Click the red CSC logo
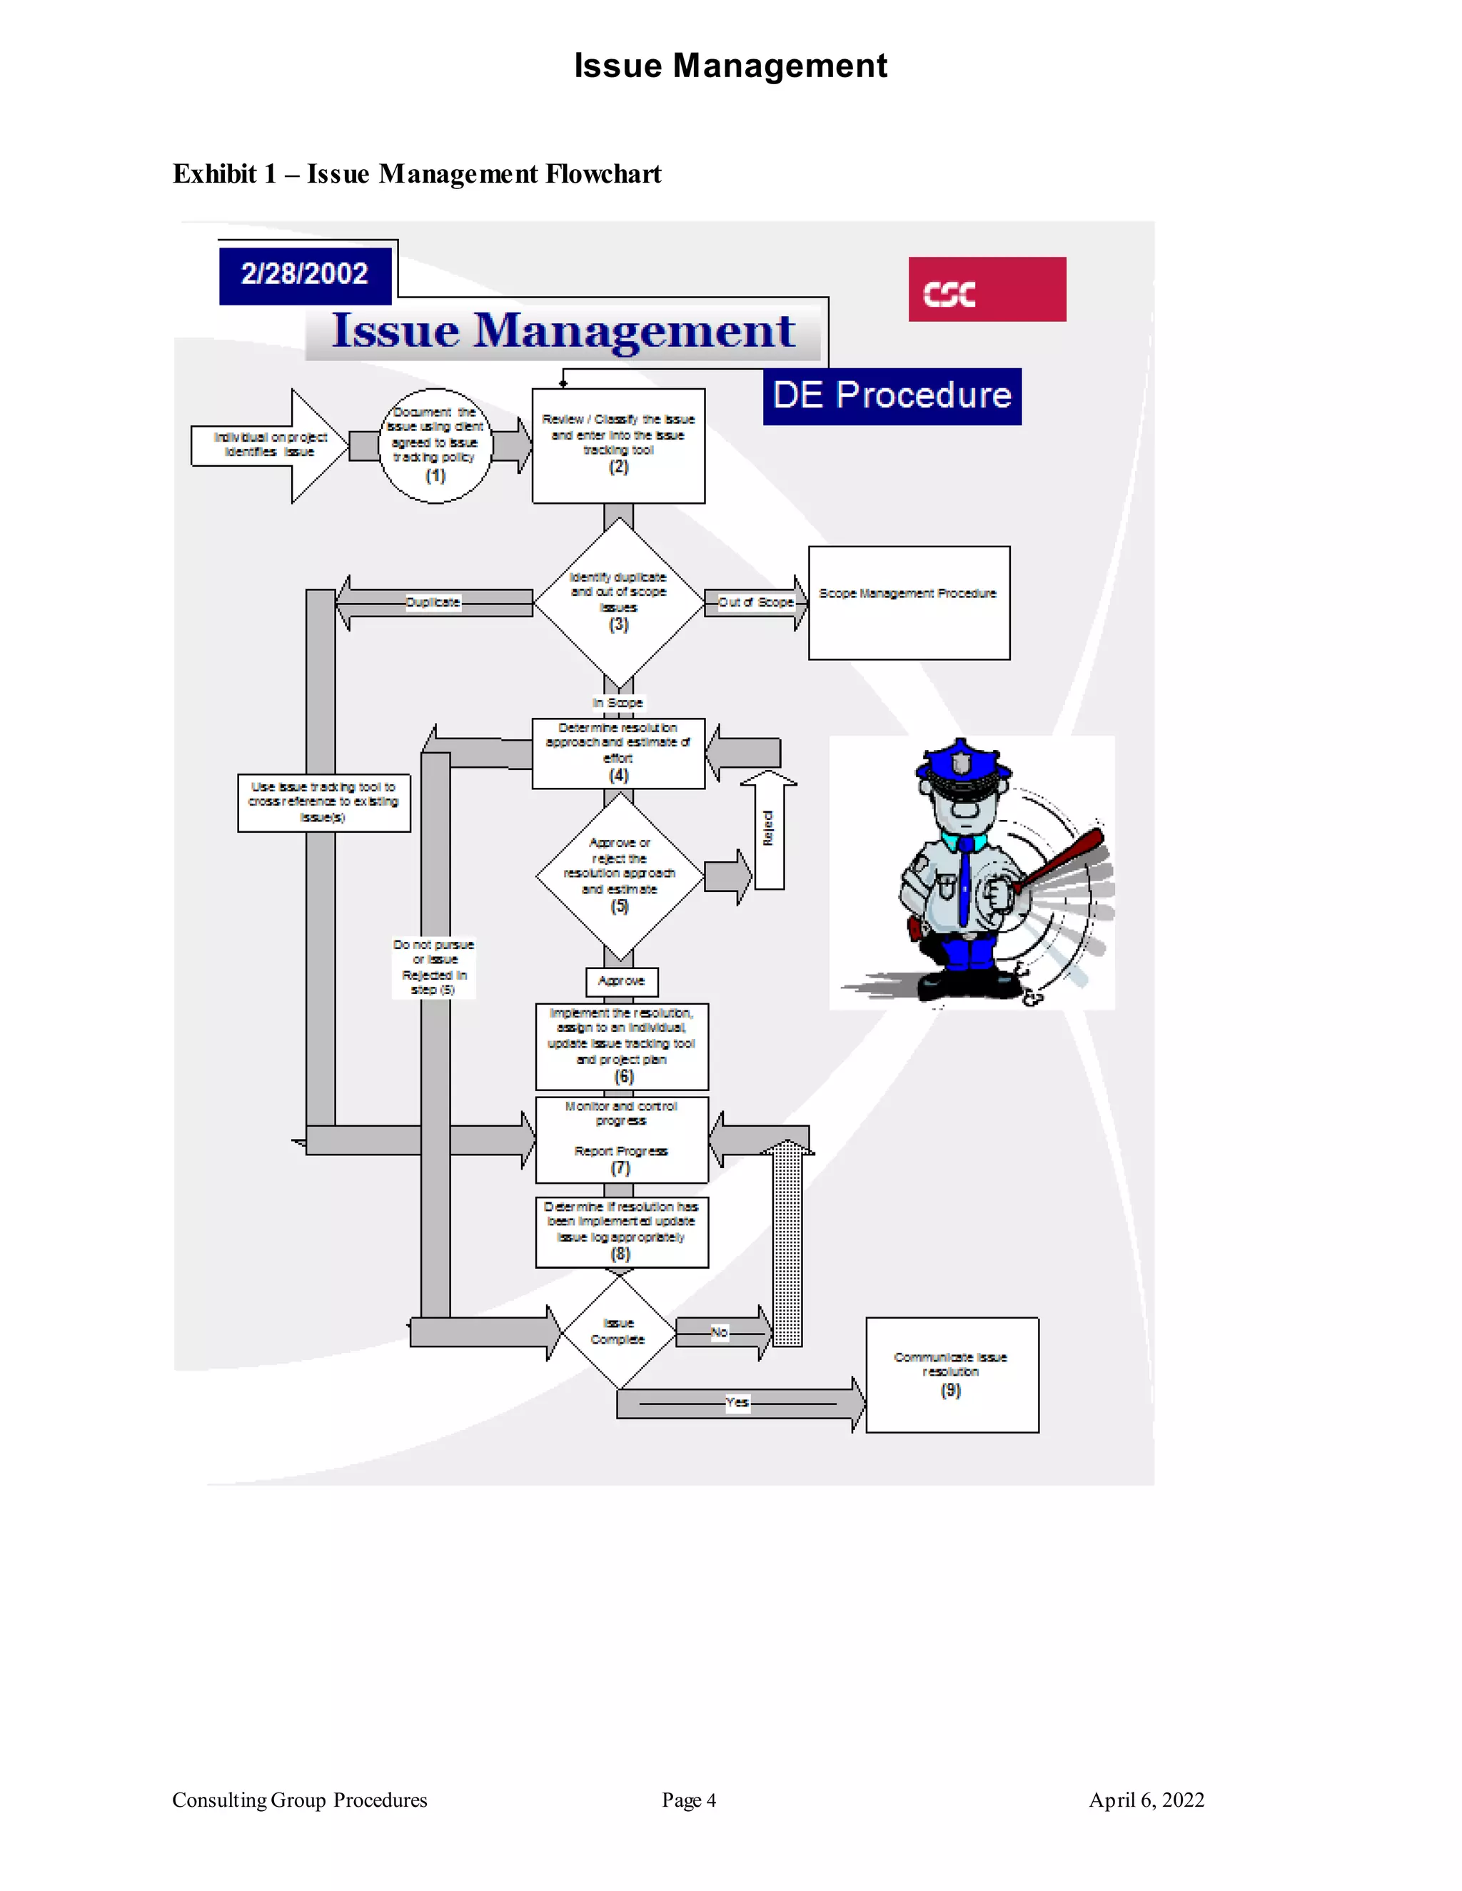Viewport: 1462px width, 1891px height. [987, 289]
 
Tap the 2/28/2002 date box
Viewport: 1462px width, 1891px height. [305, 275]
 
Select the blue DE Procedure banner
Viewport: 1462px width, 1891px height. [891, 396]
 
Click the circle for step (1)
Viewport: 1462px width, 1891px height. [435, 445]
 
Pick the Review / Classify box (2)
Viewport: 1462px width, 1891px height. [617, 445]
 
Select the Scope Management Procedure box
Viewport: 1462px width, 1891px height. [909, 603]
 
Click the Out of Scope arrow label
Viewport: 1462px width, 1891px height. [755, 602]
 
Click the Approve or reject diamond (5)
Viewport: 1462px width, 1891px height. [619, 876]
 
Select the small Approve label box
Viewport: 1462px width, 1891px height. [621, 981]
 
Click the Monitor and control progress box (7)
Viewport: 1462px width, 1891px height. [621, 1139]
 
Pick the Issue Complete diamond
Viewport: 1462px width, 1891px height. [617, 1332]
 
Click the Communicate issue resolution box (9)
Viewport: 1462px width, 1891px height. [951, 1374]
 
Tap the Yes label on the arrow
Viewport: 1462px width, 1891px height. [737, 1401]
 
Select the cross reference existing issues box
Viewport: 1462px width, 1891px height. [323, 803]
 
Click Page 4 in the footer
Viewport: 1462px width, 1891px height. [689, 1800]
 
